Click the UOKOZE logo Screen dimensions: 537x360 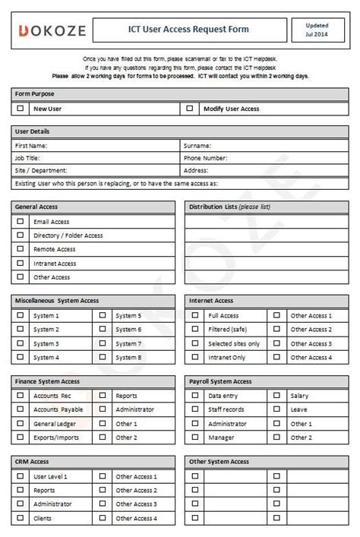click(52, 30)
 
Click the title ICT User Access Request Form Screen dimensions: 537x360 click(188, 30)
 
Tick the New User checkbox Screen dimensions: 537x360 click(21, 109)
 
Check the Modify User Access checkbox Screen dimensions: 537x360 click(190, 109)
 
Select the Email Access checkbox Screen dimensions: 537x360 click(21, 222)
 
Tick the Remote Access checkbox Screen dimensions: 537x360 click(21, 249)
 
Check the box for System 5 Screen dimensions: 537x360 click(103, 315)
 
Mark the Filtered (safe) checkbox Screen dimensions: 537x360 click(195, 330)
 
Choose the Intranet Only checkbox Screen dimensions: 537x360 click(195, 357)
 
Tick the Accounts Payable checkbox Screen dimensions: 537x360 click(21, 409)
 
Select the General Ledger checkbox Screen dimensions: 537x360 click(21, 424)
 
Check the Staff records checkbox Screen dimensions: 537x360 click(195, 409)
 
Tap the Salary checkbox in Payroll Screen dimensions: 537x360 click(277, 396)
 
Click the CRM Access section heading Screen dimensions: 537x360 click(32, 462)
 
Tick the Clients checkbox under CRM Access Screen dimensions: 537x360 click(21, 518)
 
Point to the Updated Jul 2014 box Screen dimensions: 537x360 click(317, 30)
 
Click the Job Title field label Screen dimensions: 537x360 click(27, 158)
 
